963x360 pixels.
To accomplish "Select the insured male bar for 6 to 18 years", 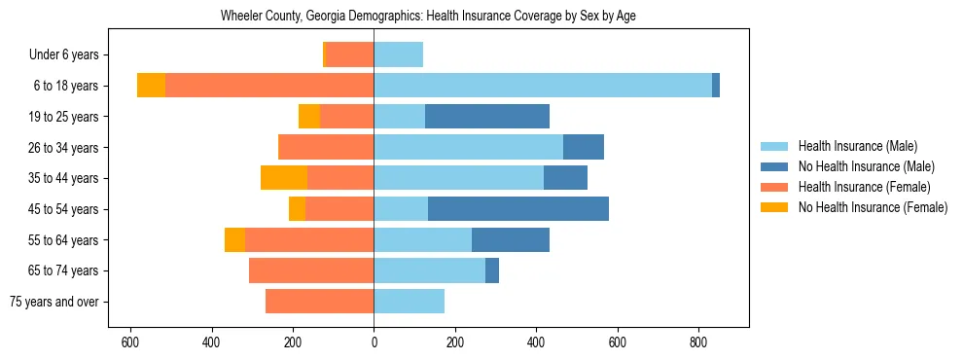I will [x=543, y=86].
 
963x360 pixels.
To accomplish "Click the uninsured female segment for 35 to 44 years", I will [x=284, y=178].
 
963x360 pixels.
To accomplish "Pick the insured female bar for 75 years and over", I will [x=319, y=302].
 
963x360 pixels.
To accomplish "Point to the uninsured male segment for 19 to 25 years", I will [x=487, y=117].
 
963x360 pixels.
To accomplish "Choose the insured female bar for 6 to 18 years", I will [x=269, y=86].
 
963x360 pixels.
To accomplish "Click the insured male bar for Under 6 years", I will [x=399, y=54].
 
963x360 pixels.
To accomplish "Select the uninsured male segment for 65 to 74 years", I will [x=492, y=270].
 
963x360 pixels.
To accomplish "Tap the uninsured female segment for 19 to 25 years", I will [x=309, y=117].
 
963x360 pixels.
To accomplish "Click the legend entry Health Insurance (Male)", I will [x=857, y=146].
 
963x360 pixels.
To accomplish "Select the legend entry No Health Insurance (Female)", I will [x=873, y=207].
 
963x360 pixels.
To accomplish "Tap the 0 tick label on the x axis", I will [x=374, y=343].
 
